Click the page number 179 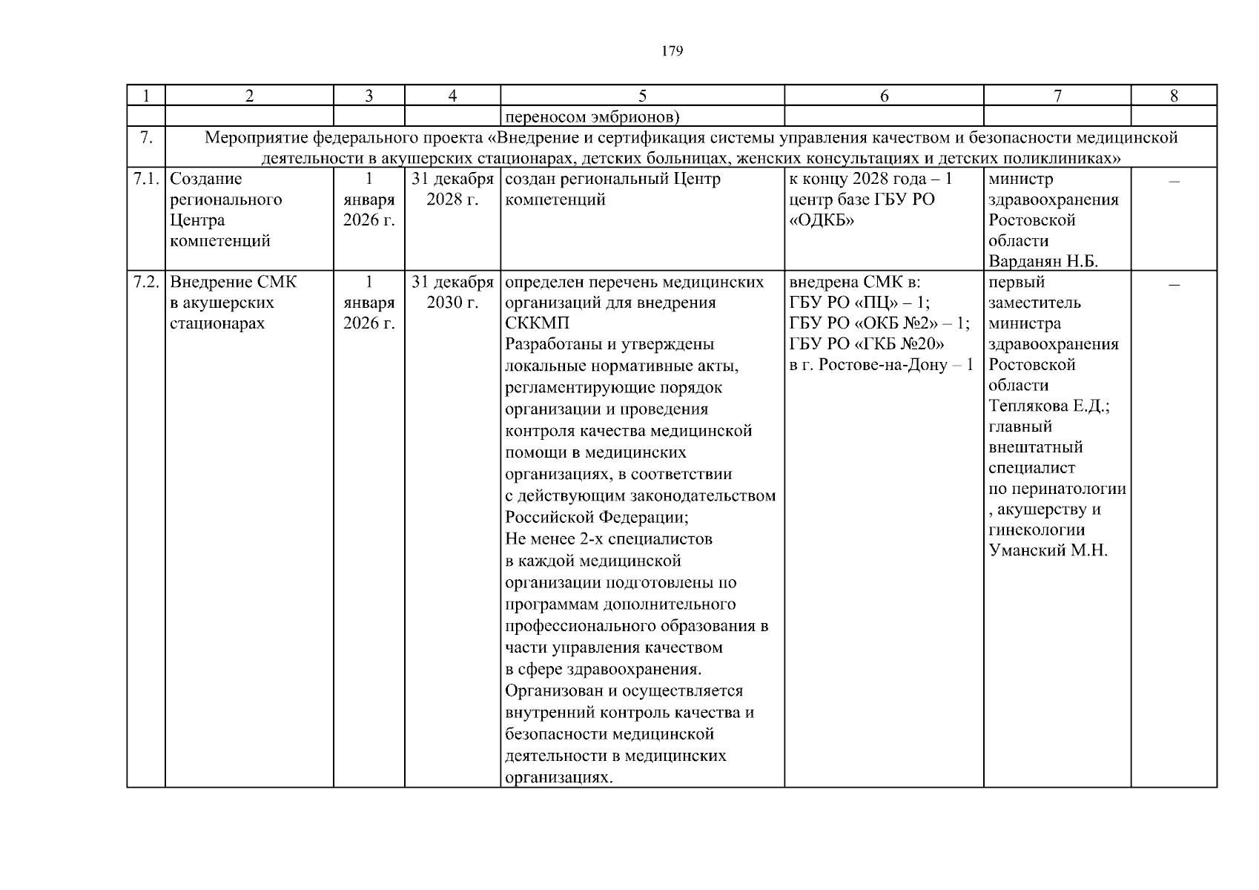point(672,51)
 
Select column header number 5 point(642,96)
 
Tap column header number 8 point(1173,96)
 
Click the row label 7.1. point(146,179)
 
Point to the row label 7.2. point(146,283)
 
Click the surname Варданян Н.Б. point(1042,262)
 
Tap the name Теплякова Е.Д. point(1048,406)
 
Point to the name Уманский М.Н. point(1048,550)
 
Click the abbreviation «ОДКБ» point(822,221)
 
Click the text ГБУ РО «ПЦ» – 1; point(859,303)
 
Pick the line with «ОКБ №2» point(879,324)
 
